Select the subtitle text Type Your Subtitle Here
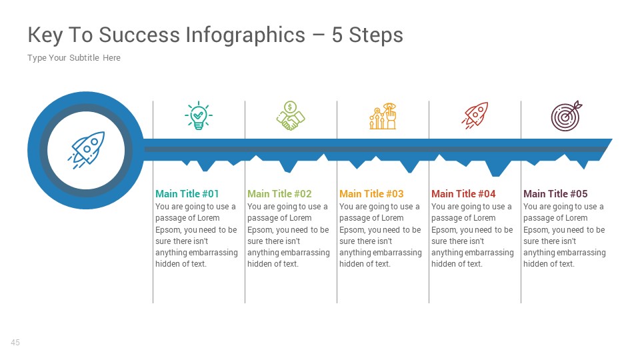74,58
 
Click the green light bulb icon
198,116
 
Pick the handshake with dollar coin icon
290,116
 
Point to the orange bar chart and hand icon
383,116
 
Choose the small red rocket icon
475,115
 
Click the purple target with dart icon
566,115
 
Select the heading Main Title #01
187,194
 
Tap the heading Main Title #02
279,194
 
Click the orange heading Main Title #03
371,194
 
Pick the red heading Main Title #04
463,194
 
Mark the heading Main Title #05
555,194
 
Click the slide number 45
15,343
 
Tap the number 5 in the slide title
337,35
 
